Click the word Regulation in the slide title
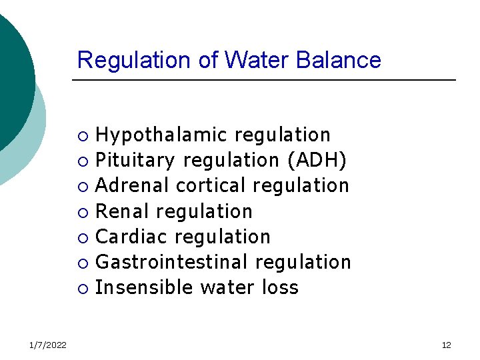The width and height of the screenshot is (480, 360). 135,60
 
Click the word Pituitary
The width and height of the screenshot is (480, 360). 135,161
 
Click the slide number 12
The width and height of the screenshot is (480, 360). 446,345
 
